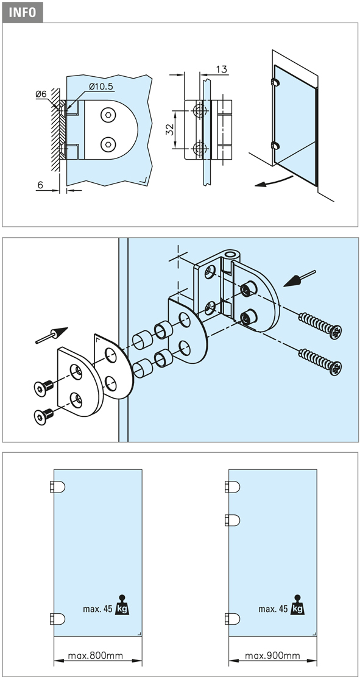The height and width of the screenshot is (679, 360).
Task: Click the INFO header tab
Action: pyautogui.click(x=23, y=12)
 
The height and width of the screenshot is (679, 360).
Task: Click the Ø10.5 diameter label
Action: pyautogui.click(x=101, y=87)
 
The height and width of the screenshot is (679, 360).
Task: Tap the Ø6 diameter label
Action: pyautogui.click(x=41, y=93)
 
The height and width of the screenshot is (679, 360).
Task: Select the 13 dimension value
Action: pyautogui.click(x=221, y=69)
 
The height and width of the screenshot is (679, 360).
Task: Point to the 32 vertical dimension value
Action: pyautogui.click(x=169, y=129)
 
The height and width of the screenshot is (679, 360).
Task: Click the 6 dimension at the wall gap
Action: pyautogui.click(x=40, y=185)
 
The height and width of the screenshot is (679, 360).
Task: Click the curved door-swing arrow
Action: pyautogui.click(x=275, y=181)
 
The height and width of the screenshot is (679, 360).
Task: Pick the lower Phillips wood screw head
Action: pyautogui.click(x=335, y=368)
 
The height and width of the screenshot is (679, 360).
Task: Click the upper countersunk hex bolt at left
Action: pyautogui.click(x=43, y=387)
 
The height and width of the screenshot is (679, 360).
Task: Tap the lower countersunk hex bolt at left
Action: pyautogui.click(x=43, y=415)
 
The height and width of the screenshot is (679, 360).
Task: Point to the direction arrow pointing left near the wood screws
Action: pyautogui.click(x=300, y=279)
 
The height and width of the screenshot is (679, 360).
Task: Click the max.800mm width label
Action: pyautogui.click(x=95, y=656)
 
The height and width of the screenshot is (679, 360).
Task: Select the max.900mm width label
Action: pyautogui.click(x=272, y=656)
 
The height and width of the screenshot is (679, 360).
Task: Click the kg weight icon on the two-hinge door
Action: pyautogui.click(x=122, y=605)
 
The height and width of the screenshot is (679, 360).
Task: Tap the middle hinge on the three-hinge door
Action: pyautogui.click(x=232, y=520)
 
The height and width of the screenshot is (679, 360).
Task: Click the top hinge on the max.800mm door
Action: pyautogui.click(x=57, y=487)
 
